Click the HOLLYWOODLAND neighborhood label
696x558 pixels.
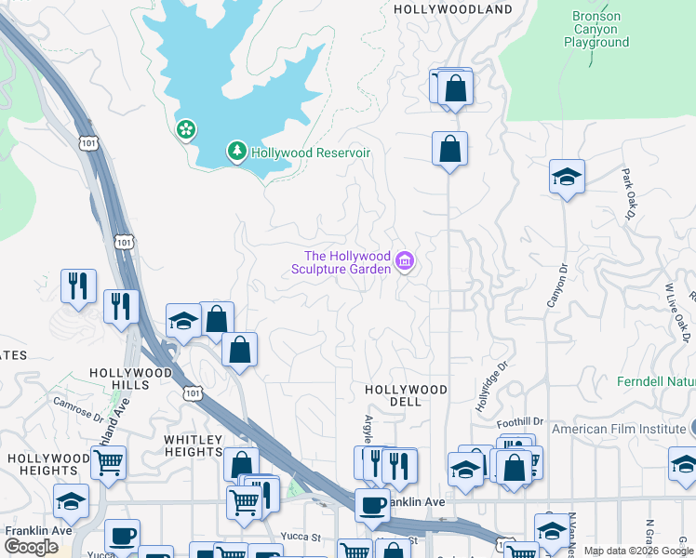click(x=453, y=9)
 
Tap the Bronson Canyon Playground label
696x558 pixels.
click(x=596, y=30)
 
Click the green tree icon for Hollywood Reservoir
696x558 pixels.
click(x=237, y=151)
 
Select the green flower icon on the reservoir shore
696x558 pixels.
click(x=186, y=129)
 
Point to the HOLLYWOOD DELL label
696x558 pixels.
click(x=406, y=395)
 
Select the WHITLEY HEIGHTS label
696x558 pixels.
click(x=194, y=445)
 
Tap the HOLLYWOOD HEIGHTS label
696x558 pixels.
click(x=48, y=464)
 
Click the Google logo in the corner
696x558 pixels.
click(x=32, y=547)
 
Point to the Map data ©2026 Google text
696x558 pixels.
click(x=637, y=551)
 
